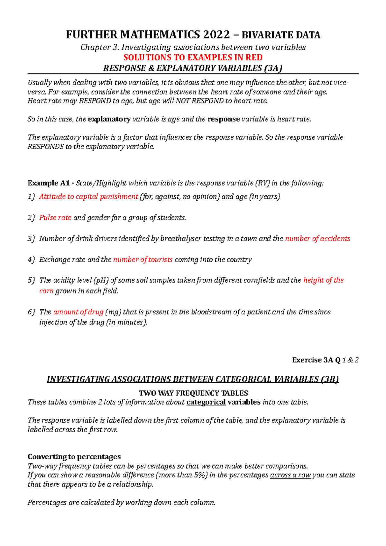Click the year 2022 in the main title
coord(216,35)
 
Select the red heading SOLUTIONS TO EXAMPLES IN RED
coord(193,58)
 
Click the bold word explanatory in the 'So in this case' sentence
coord(109,119)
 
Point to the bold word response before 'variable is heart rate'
coord(224,119)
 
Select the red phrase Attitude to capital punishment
coord(88,197)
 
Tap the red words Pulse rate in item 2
coord(55,218)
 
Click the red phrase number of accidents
coord(317,239)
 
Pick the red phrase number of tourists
coord(143,260)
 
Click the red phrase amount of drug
coord(78,312)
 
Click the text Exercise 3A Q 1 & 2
coord(325,360)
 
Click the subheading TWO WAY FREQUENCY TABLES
coord(193,393)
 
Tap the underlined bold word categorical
coord(206,402)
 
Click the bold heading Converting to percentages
coord(74,457)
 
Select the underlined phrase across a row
coord(290,475)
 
